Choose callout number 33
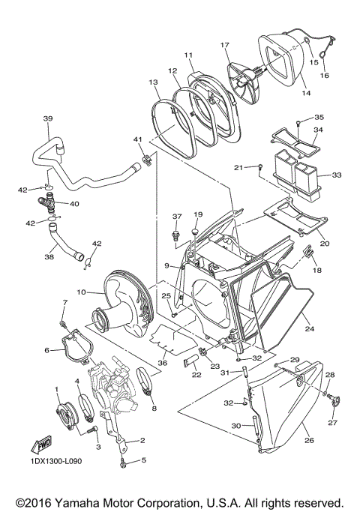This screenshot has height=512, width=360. pyautogui.click(x=336, y=175)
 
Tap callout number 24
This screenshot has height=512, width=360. pyautogui.click(x=309, y=328)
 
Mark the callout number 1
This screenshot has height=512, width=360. pyautogui.click(x=57, y=389)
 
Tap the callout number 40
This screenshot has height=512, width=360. pyautogui.click(x=75, y=203)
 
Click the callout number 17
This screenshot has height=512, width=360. pyautogui.click(x=223, y=45)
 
